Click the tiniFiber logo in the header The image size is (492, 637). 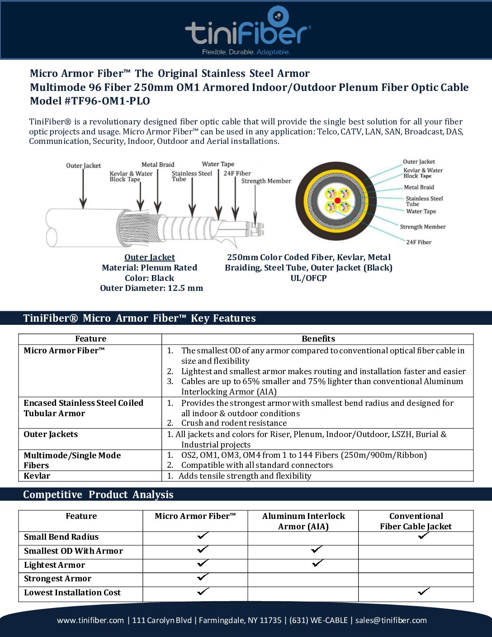pyautogui.click(x=247, y=31)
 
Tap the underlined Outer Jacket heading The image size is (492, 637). pyautogui.click(x=150, y=257)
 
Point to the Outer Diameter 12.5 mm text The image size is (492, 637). pyautogui.click(x=151, y=288)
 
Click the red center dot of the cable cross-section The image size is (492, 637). pyautogui.click(x=337, y=200)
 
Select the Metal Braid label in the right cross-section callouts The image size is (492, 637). pyautogui.click(x=419, y=187)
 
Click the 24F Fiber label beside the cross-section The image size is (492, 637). pyautogui.click(x=418, y=242)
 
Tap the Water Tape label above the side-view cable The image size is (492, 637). pyautogui.click(x=218, y=164)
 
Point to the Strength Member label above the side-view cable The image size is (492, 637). pyautogui.click(x=266, y=181)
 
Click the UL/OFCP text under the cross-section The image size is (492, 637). pyautogui.click(x=308, y=278)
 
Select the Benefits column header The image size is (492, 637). pyautogui.click(x=318, y=339)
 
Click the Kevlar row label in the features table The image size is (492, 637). pyautogui.click(x=37, y=476)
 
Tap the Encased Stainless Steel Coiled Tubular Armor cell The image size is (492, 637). pyautogui.click(x=84, y=408)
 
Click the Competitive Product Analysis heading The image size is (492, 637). pyautogui.click(x=98, y=494)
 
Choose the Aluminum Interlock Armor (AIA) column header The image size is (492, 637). pyautogui.click(x=303, y=521)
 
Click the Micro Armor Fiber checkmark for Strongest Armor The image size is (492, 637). pyautogui.click(x=203, y=577)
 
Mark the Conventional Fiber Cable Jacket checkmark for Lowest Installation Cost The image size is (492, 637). pyautogui.click(x=424, y=591)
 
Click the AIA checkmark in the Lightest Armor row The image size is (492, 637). pyautogui.click(x=317, y=563)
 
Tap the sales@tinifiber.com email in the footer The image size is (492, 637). pyautogui.click(x=391, y=620)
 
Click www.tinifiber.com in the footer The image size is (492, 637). pyautogui.click(x=90, y=620)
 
